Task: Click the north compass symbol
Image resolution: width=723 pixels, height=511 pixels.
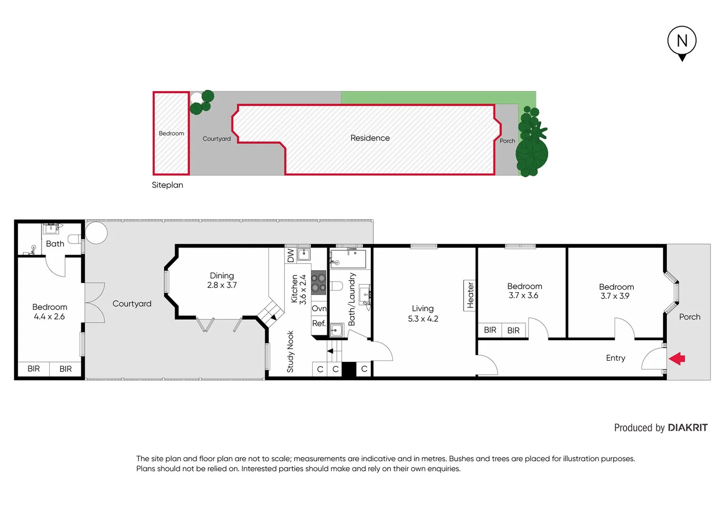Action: point(681,42)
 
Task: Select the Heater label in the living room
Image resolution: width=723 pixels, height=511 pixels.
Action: point(470,295)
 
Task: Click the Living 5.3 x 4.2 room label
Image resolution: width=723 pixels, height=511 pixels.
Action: point(423,314)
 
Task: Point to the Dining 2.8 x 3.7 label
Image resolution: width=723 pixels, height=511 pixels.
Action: point(221,280)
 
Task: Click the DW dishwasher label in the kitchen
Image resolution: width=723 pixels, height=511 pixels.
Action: point(291,255)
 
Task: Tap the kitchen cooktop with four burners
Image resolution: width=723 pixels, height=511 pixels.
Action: point(318,282)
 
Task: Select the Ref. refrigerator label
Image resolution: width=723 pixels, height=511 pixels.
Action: point(318,324)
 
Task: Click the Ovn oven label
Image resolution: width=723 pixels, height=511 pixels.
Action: point(319,308)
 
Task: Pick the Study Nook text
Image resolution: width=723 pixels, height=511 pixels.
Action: point(290,352)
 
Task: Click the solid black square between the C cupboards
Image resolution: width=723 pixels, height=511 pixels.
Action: point(349,369)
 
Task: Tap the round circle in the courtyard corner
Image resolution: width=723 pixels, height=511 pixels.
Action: point(96,233)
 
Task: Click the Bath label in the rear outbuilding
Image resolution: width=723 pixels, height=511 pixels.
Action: point(55,244)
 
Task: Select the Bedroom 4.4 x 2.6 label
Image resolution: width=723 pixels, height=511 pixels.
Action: point(50,312)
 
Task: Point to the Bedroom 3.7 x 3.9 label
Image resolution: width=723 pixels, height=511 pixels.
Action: point(616,291)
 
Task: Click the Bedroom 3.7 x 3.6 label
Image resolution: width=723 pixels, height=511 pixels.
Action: point(524,291)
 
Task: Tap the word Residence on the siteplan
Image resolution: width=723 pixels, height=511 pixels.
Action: point(370,138)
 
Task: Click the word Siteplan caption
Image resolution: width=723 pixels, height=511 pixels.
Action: point(167,185)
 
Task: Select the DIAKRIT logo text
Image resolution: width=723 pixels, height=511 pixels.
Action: point(688,428)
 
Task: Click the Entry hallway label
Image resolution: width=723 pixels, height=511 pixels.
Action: point(615,358)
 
